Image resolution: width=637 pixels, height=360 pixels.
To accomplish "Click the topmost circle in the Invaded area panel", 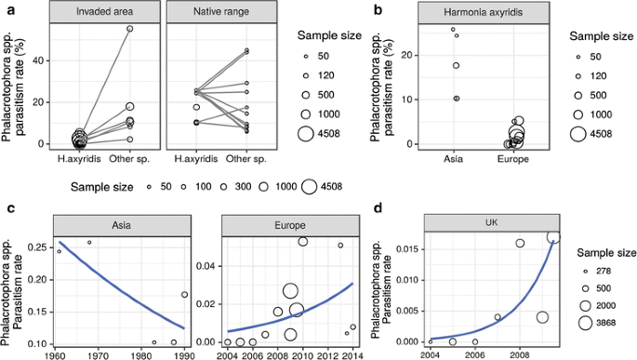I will [x=130, y=29].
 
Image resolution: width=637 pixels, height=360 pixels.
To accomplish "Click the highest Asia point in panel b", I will [x=453, y=29].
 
